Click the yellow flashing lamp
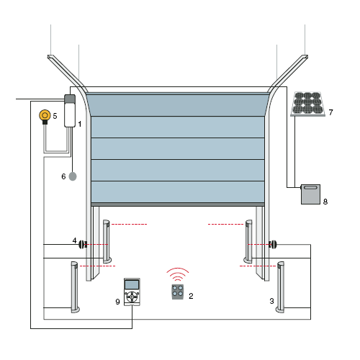tap(45, 117)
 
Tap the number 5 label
tap(55, 116)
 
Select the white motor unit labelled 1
tap(70, 111)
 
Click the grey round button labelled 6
tap(73, 176)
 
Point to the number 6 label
tap(63, 176)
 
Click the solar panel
tap(307, 104)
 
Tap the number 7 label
tap(330, 112)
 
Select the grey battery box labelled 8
tap(310, 194)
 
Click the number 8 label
tap(325, 202)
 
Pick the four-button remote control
tap(178, 292)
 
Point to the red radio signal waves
tap(178, 274)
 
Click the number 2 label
tap(191, 296)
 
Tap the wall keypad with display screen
tap(132, 292)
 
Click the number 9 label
tap(117, 302)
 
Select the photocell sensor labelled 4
tap(83, 245)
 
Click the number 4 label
tap(74, 240)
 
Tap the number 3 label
tap(271, 301)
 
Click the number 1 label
tap(80, 124)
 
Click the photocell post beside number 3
tap(280, 287)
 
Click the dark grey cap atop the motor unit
tap(70, 99)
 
